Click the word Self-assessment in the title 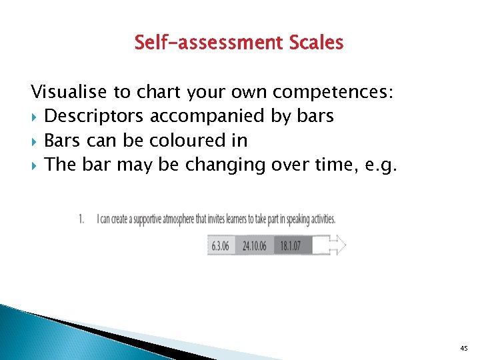209,43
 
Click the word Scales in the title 317,43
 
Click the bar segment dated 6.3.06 220,246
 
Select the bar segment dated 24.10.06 255,246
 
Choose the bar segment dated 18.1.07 293,246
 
